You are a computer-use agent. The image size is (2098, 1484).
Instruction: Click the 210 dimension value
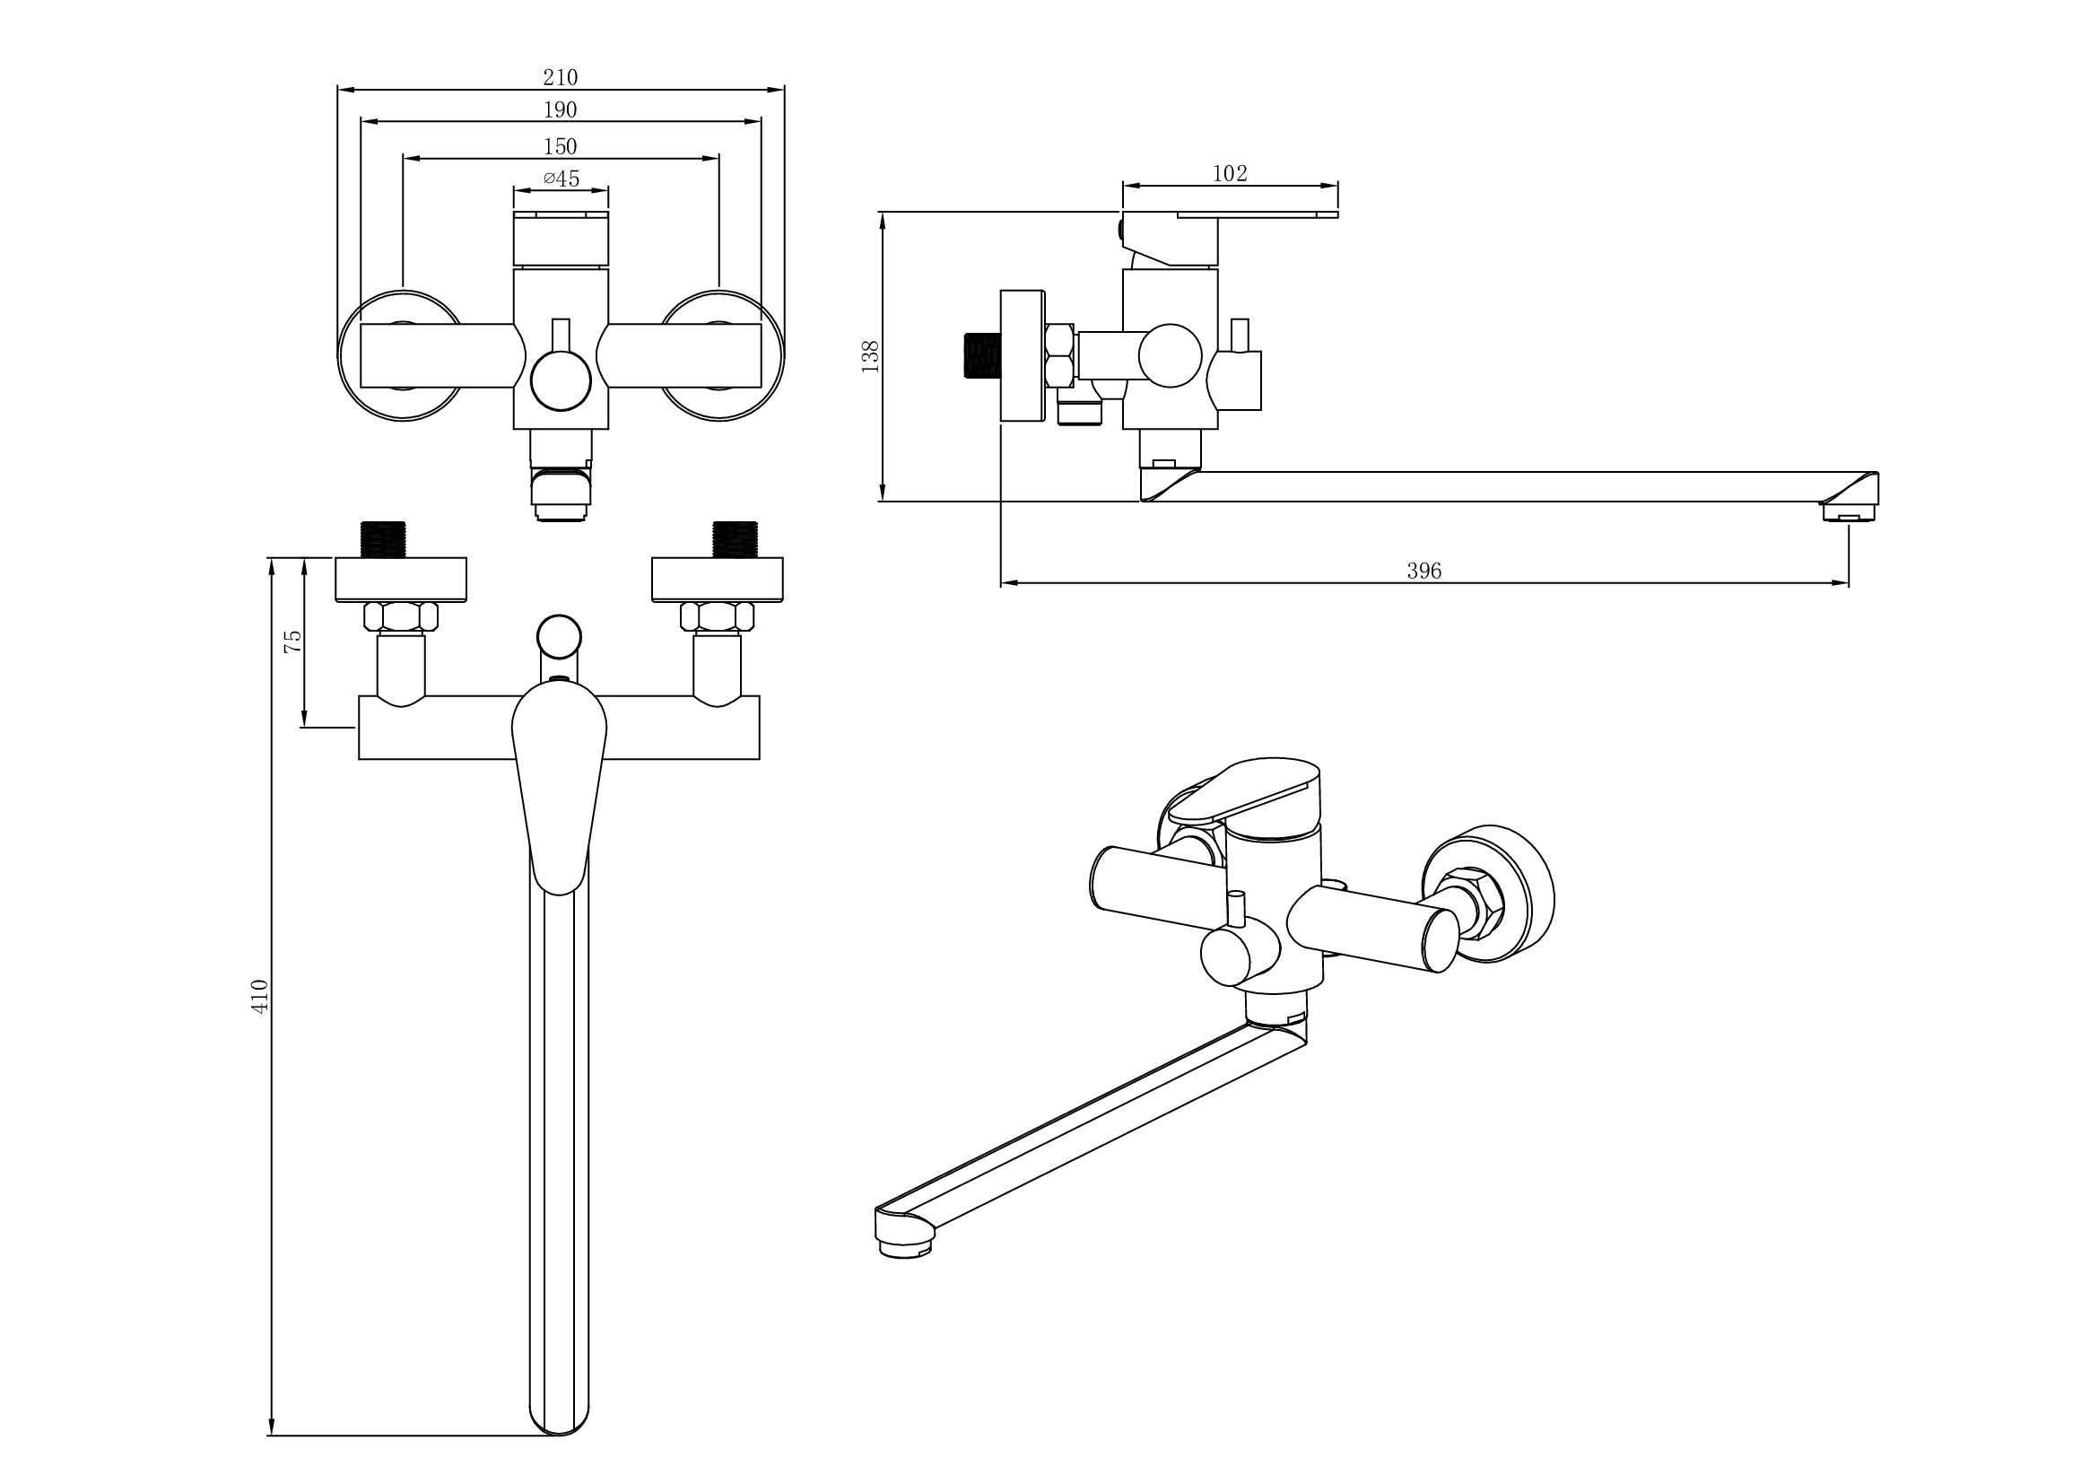pos(560,78)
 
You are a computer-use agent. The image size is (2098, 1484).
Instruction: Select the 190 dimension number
pos(560,109)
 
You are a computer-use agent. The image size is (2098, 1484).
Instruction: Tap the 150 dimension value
pos(560,146)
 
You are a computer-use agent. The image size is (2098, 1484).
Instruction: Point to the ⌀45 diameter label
pos(561,179)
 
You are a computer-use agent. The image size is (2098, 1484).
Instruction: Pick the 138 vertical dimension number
pos(870,356)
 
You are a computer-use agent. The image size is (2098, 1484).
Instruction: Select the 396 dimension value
pos(1423,572)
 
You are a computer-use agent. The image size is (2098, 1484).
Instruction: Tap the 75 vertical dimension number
pos(292,641)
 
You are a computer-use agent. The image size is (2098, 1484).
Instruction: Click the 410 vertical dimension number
pos(260,995)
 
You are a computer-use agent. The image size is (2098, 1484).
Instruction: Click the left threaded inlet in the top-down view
pos(384,539)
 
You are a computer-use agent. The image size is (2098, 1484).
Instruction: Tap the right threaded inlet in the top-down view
pos(735,539)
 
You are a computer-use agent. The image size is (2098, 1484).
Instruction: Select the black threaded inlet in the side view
pos(981,355)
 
